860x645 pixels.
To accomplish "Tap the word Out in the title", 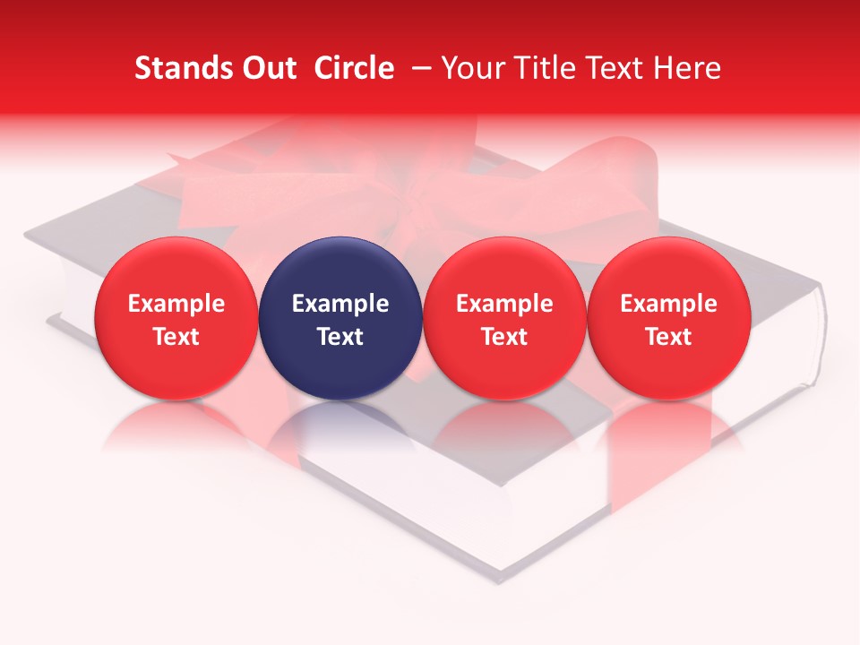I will point(267,68).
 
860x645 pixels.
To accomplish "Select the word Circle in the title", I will point(354,68).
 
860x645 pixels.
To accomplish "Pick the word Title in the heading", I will point(547,68).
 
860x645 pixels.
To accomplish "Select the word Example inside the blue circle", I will point(340,304).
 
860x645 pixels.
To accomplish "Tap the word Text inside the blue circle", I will point(340,337).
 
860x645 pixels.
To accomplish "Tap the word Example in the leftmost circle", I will point(176,304).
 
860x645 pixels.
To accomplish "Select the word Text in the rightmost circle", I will point(668,337).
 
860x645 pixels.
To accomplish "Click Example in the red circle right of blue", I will point(504,304).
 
